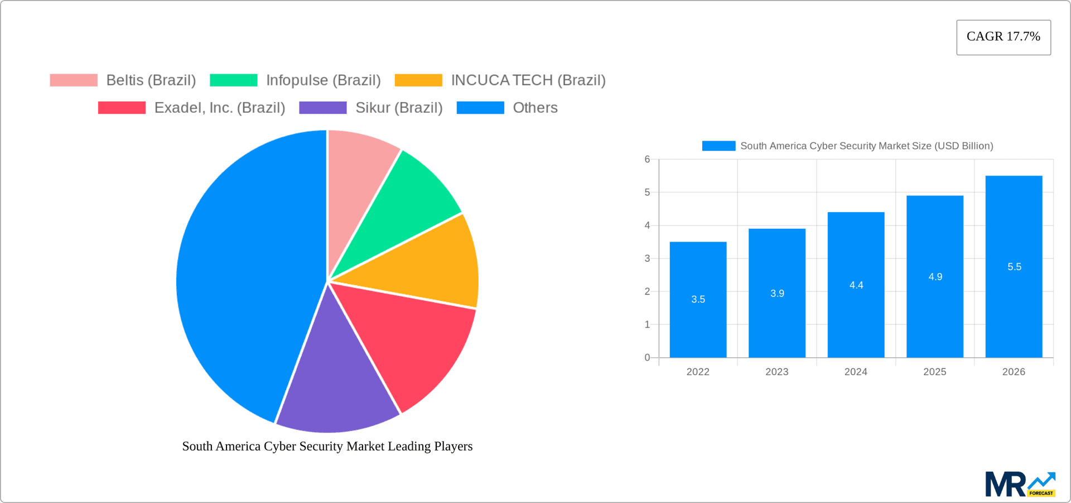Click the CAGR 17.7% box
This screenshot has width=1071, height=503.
point(1003,37)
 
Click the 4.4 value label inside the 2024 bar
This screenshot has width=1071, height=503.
point(856,285)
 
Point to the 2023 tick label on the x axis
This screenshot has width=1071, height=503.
point(776,372)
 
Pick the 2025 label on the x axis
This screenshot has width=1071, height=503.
point(934,372)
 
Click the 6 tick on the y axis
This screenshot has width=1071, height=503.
point(647,160)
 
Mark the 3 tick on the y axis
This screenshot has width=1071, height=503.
point(647,258)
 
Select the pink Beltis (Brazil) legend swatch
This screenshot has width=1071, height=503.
point(74,80)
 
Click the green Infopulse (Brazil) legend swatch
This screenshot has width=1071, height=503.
point(233,80)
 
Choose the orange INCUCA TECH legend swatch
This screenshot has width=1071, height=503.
point(418,80)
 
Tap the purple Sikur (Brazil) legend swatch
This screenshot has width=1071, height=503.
point(322,108)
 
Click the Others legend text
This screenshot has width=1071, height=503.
point(535,108)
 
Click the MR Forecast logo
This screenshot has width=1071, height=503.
point(1020,484)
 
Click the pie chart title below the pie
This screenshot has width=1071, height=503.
point(327,446)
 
